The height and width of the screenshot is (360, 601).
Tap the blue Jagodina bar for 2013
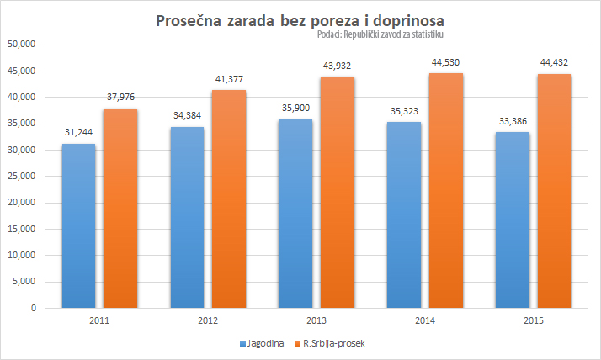tap(295, 214)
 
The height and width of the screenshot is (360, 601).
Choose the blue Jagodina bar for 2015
tap(513, 220)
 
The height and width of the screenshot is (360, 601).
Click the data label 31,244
tap(78, 133)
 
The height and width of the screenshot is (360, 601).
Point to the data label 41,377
tap(228, 79)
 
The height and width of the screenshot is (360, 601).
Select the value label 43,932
tap(337, 66)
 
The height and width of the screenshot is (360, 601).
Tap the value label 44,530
tap(445, 62)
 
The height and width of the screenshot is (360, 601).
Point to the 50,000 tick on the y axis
tap(24, 45)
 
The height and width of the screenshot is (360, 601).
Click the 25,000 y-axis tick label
tap(24, 176)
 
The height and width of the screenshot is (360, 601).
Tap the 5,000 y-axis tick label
tap(26, 282)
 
